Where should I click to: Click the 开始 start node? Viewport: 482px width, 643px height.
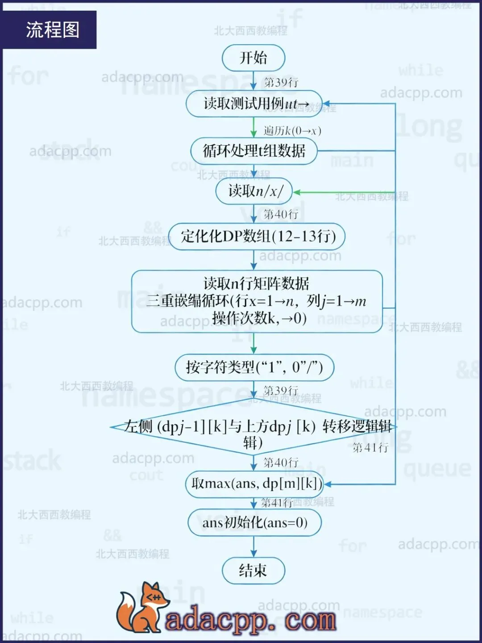pyautogui.click(x=253, y=58)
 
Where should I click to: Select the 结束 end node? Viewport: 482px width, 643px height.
pyautogui.click(x=253, y=571)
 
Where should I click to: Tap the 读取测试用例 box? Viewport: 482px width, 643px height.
pyautogui.click(x=254, y=104)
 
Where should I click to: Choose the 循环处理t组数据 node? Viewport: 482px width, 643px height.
pyautogui.click(x=254, y=151)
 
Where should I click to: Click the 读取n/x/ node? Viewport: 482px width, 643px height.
pyautogui.click(x=254, y=192)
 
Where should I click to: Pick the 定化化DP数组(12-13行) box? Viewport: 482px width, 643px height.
pyautogui.click(x=257, y=236)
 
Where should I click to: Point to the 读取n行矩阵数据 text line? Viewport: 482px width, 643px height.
pyautogui.click(x=256, y=283)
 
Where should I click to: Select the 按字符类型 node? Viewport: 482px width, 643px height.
pyautogui.click(x=254, y=367)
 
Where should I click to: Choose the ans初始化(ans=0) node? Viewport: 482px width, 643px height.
pyautogui.click(x=254, y=522)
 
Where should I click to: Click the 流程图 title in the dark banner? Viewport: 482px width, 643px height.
pyautogui.click(x=53, y=30)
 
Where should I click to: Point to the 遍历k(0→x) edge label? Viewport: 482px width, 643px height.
pyautogui.click(x=292, y=131)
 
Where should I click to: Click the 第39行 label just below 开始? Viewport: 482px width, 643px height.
pyautogui.click(x=281, y=82)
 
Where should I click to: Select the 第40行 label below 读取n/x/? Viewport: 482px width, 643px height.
pyautogui.click(x=281, y=214)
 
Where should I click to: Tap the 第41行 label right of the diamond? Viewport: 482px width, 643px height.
pyautogui.click(x=370, y=447)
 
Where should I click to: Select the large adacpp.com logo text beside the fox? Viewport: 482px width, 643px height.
pyautogui.click(x=250, y=620)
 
